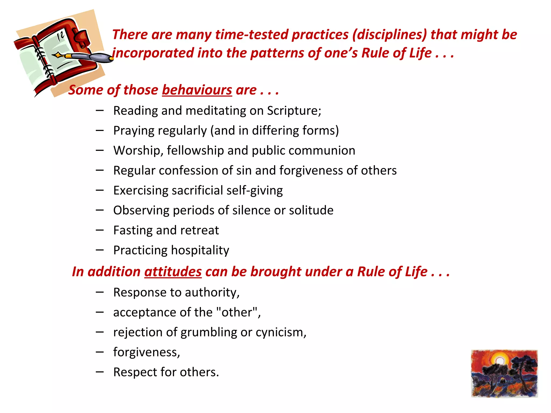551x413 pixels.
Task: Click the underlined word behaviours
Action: [197, 90]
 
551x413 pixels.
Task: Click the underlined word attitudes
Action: [173, 272]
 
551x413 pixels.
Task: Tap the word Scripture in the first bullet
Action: [294, 111]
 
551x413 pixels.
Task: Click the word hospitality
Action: [200, 250]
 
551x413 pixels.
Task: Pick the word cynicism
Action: [281, 332]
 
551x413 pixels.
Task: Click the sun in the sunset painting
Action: [499, 361]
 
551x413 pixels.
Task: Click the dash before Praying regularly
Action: [100, 131]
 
